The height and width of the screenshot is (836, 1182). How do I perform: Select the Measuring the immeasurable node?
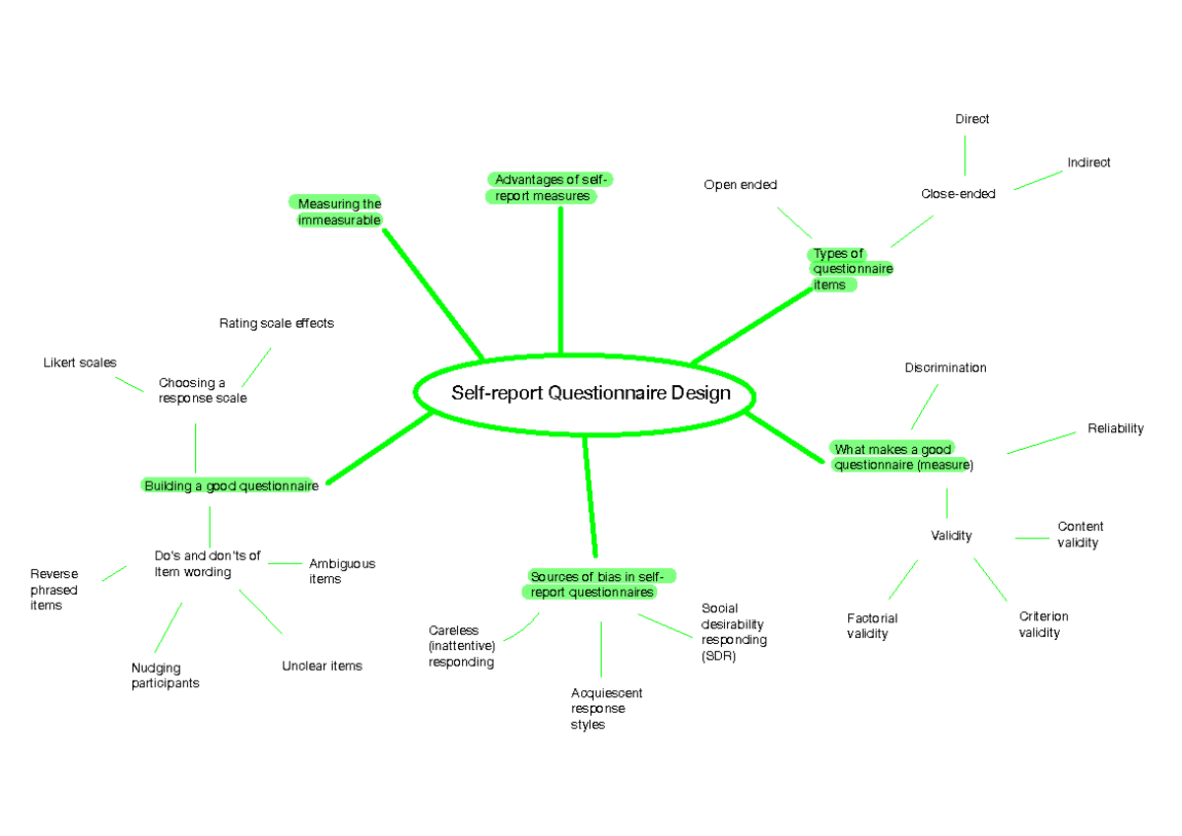(x=340, y=212)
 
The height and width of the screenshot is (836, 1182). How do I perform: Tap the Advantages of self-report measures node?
(x=551, y=187)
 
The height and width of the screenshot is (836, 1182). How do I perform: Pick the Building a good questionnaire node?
(x=230, y=485)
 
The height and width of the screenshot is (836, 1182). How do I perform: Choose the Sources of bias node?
(x=600, y=584)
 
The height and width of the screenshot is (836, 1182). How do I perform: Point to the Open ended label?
(x=740, y=185)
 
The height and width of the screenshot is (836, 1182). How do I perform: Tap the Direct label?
(x=971, y=119)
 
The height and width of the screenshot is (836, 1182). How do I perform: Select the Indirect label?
(x=1088, y=162)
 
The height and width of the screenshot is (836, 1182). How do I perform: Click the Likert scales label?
(x=80, y=362)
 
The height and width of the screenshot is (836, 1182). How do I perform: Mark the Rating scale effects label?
(x=277, y=323)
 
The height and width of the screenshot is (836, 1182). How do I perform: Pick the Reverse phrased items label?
(x=53, y=589)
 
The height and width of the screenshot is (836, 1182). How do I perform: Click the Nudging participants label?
(x=164, y=675)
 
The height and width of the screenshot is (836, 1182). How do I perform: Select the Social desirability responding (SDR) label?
(x=734, y=632)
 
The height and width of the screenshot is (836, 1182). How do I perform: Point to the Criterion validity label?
(x=1043, y=624)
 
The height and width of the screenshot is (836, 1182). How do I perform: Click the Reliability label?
(x=1115, y=428)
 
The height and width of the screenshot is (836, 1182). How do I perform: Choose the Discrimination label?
(x=946, y=368)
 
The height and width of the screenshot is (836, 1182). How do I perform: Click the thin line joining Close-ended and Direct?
(x=965, y=156)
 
